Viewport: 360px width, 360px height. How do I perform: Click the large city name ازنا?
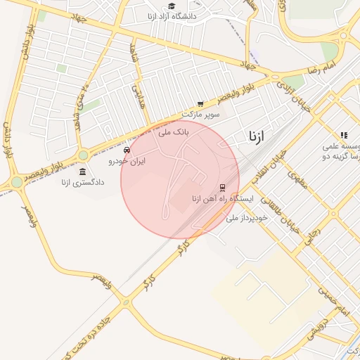[256, 137]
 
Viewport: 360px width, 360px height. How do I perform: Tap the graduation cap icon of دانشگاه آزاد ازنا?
[172, 6]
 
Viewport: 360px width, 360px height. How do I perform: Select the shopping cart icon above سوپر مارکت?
[201, 103]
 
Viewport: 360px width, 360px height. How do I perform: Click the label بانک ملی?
[174, 131]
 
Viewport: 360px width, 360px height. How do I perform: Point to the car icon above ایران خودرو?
[127, 150]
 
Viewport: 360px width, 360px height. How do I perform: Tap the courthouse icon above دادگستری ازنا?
[83, 172]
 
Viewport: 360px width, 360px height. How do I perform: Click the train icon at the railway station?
[222, 188]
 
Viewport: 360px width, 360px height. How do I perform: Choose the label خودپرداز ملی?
[247, 219]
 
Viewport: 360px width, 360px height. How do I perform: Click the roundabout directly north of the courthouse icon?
[83, 155]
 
